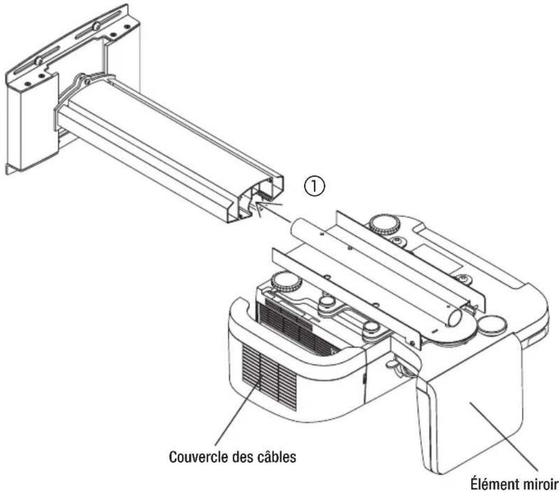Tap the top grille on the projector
click(x=296, y=322)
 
